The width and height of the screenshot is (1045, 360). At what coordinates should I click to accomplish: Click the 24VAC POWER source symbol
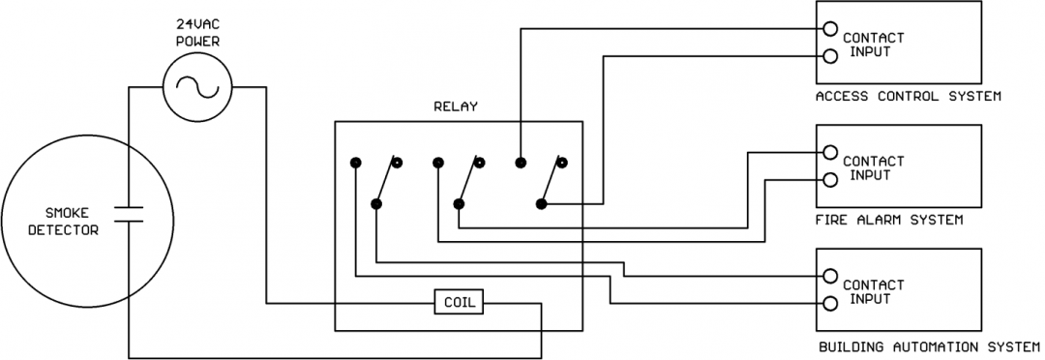pyautogui.click(x=196, y=86)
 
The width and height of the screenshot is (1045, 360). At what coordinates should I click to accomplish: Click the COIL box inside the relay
pyautogui.click(x=460, y=301)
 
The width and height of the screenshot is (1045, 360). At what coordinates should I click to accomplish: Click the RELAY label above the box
pyautogui.click(x=455, y=106)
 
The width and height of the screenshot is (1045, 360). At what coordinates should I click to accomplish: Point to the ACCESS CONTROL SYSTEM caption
pyautogui.click(x=907, y=96)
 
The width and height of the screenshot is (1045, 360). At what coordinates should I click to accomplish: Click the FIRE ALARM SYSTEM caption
pyautogui.click(x=888, y=220)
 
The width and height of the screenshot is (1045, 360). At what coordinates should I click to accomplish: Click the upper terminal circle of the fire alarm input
pyautogui.click(x=829, y=152)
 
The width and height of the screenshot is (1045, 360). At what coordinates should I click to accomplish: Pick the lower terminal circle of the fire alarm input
pyautogui.click(x=829, y=179)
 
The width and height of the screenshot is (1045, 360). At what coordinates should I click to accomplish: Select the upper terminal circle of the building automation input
pyautogui.click(x=829, y=276)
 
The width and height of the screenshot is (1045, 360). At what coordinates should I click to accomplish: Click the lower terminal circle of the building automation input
pyautogui.click(x=829, y=303)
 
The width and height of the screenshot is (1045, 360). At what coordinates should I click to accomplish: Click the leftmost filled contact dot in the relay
pyautogui.click(x=356, y=162)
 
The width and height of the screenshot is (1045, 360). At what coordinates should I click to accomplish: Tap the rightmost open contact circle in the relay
pyautogui.click(x=561, y=162)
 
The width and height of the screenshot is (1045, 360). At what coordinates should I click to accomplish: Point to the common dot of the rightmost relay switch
pyautogui.click(x=542, y=204)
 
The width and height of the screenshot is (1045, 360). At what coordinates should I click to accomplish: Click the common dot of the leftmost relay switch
pyautogui.click(x=375, y=204)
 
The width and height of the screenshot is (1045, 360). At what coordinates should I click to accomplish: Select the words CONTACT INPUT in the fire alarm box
pyautogui.click(x=873, y=167)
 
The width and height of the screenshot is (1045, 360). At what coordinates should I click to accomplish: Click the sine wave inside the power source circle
pyautogui.click(x=196, y=87)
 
